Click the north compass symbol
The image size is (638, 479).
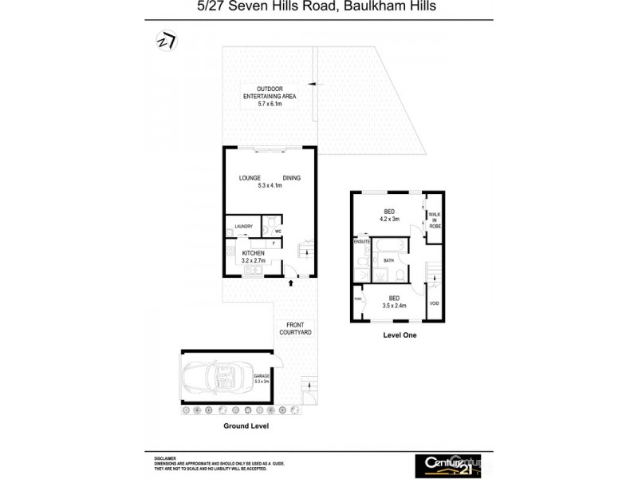(x=167, y=41)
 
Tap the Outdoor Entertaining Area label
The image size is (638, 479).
(x=270, y=93)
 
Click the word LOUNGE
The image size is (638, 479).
(x=239, y=177)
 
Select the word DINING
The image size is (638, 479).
(x=291, y=177)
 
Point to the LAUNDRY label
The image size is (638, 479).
(x=242, y=227)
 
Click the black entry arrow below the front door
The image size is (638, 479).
(x=290, y=281)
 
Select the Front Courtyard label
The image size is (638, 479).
(x=294, y=328)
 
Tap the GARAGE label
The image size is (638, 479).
(x=261, y=376)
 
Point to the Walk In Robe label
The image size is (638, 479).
(x=435, y=220)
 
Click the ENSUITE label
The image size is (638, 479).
(x=362, y=241)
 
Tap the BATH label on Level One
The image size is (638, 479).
(x=388, y=260)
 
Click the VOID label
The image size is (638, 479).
(x=434, y=303)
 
